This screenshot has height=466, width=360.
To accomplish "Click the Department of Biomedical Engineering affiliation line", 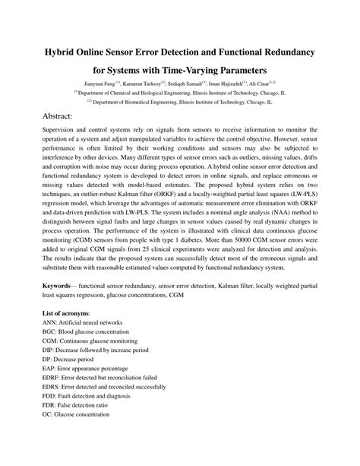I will coord(179,100).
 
